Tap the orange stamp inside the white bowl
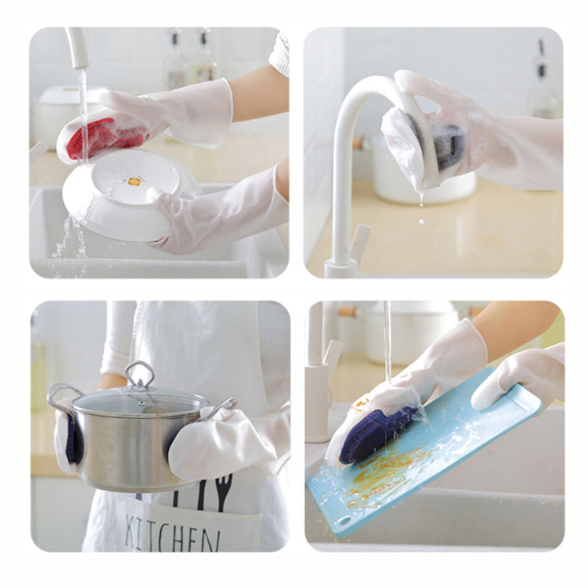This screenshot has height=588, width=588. click(135, 182)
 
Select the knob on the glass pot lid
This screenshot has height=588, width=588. click(140, 374)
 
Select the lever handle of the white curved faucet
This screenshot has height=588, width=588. click(359, 241)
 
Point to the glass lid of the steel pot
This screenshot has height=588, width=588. click(140, 402)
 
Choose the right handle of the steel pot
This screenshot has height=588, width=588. click(221, 408)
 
